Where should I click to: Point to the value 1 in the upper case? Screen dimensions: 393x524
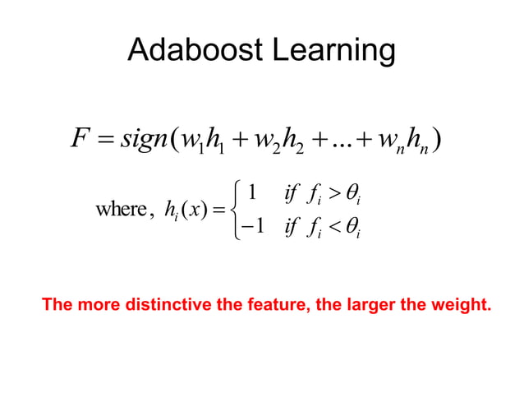tap(255, 192)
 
